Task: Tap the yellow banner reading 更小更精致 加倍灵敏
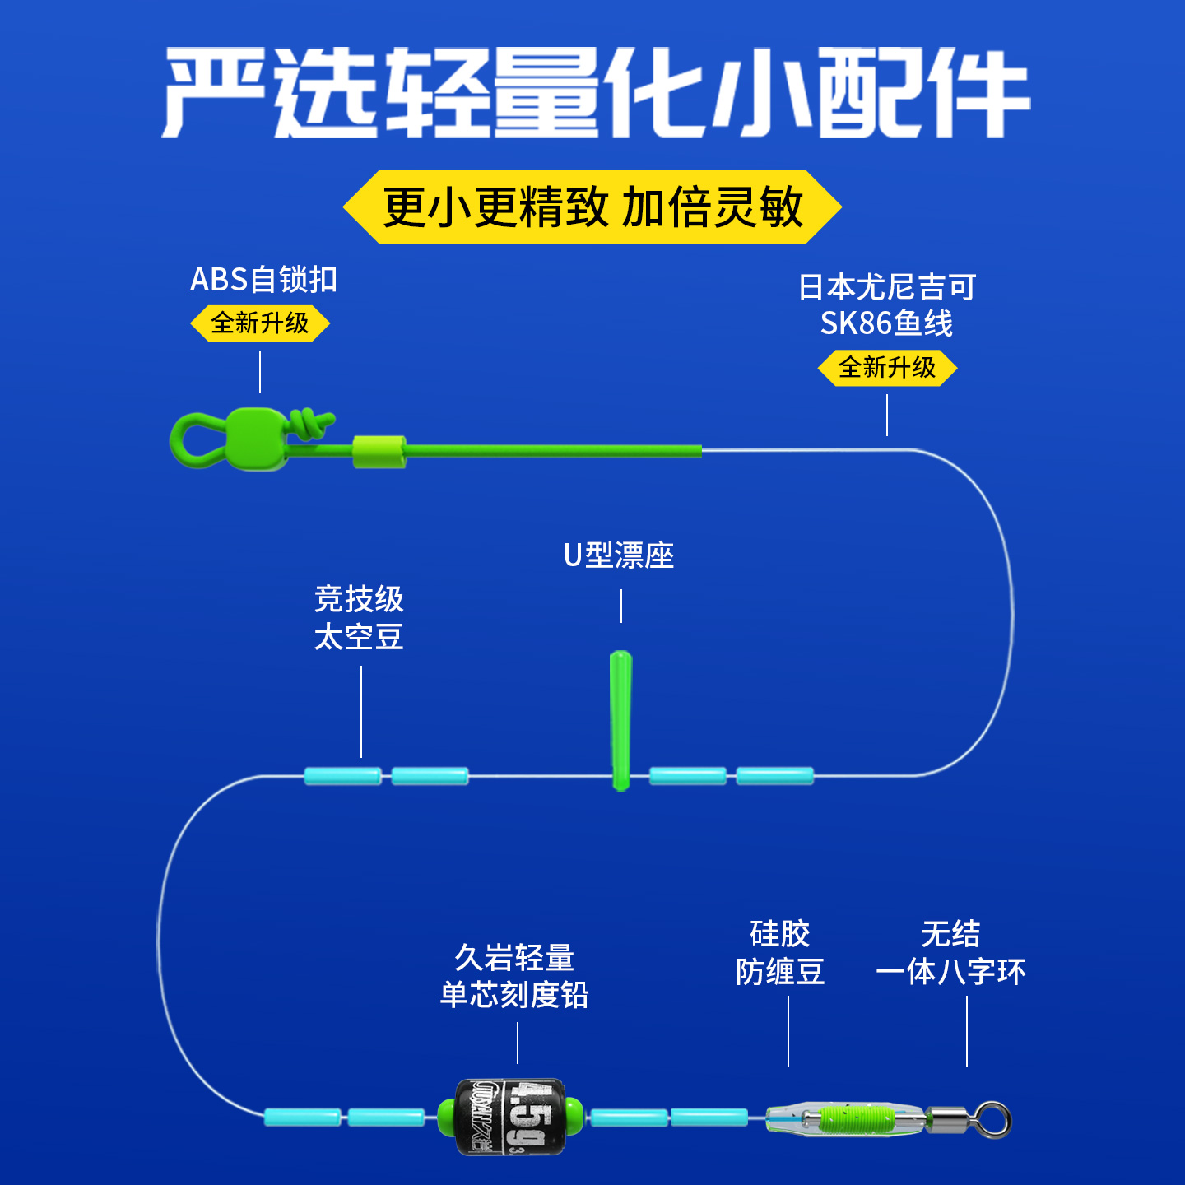[592, 207]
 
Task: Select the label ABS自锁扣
[263, 280]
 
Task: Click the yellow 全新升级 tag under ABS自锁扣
[260, 323]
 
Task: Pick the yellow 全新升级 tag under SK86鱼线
[887, 367]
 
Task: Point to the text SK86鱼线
[887, 323]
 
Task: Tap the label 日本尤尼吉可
[887, 287]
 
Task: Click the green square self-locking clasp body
[256, 438]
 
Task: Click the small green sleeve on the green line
[379, 452]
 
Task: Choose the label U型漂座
[619, 555]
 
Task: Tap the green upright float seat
[621, 719]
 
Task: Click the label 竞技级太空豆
[359, 618]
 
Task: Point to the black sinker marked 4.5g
[511, 1117]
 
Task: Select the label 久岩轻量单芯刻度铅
[515, 977]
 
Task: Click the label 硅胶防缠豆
[780, 953]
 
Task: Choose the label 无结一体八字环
[950, 953]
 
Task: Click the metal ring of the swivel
[993, 1119]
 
